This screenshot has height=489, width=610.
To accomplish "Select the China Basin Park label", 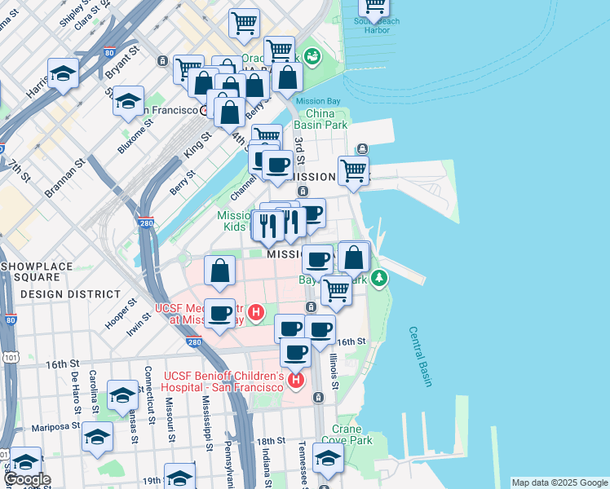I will pos(322,118).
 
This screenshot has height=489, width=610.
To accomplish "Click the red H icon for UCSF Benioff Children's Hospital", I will pos(296,380).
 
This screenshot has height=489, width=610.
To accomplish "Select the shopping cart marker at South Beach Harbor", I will pos(374,7).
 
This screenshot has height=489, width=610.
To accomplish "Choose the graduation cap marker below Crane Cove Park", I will pos(328,460).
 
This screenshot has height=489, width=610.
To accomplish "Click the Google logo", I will pos(26,479).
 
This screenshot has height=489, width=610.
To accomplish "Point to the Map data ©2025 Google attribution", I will pos(559,482).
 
